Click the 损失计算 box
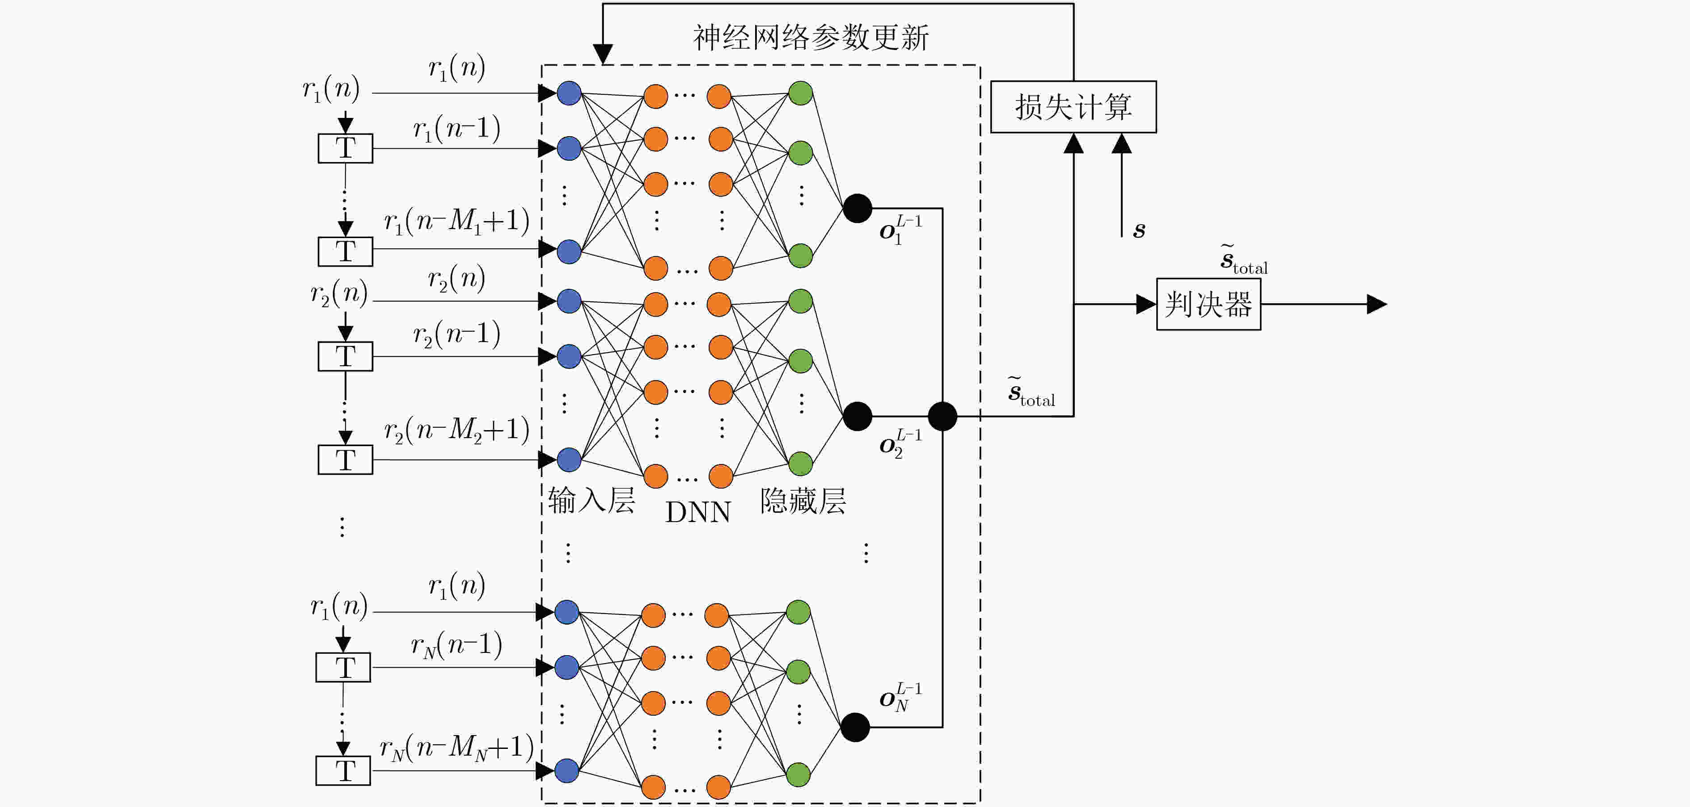pos(1073,107)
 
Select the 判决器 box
pos(1208,304)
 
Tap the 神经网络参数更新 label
pos(811,38)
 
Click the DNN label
pos(698,512)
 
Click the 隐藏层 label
pos(803,501)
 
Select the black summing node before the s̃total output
pos(943,416)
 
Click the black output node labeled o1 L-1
pos(857,209)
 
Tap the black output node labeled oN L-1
pos(855,727)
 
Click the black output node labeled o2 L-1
pos(857,416)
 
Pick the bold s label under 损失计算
pos(1139,230)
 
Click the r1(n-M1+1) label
pos(456,221)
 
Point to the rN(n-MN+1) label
pos(456,747)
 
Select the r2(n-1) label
pos(456,335)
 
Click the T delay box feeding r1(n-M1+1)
pos(345,251)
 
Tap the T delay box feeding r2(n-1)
pos(345,356)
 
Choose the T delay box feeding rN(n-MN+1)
pos(343,770)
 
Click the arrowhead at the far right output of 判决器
pos(1377,304)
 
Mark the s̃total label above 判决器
pos(1244,259)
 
